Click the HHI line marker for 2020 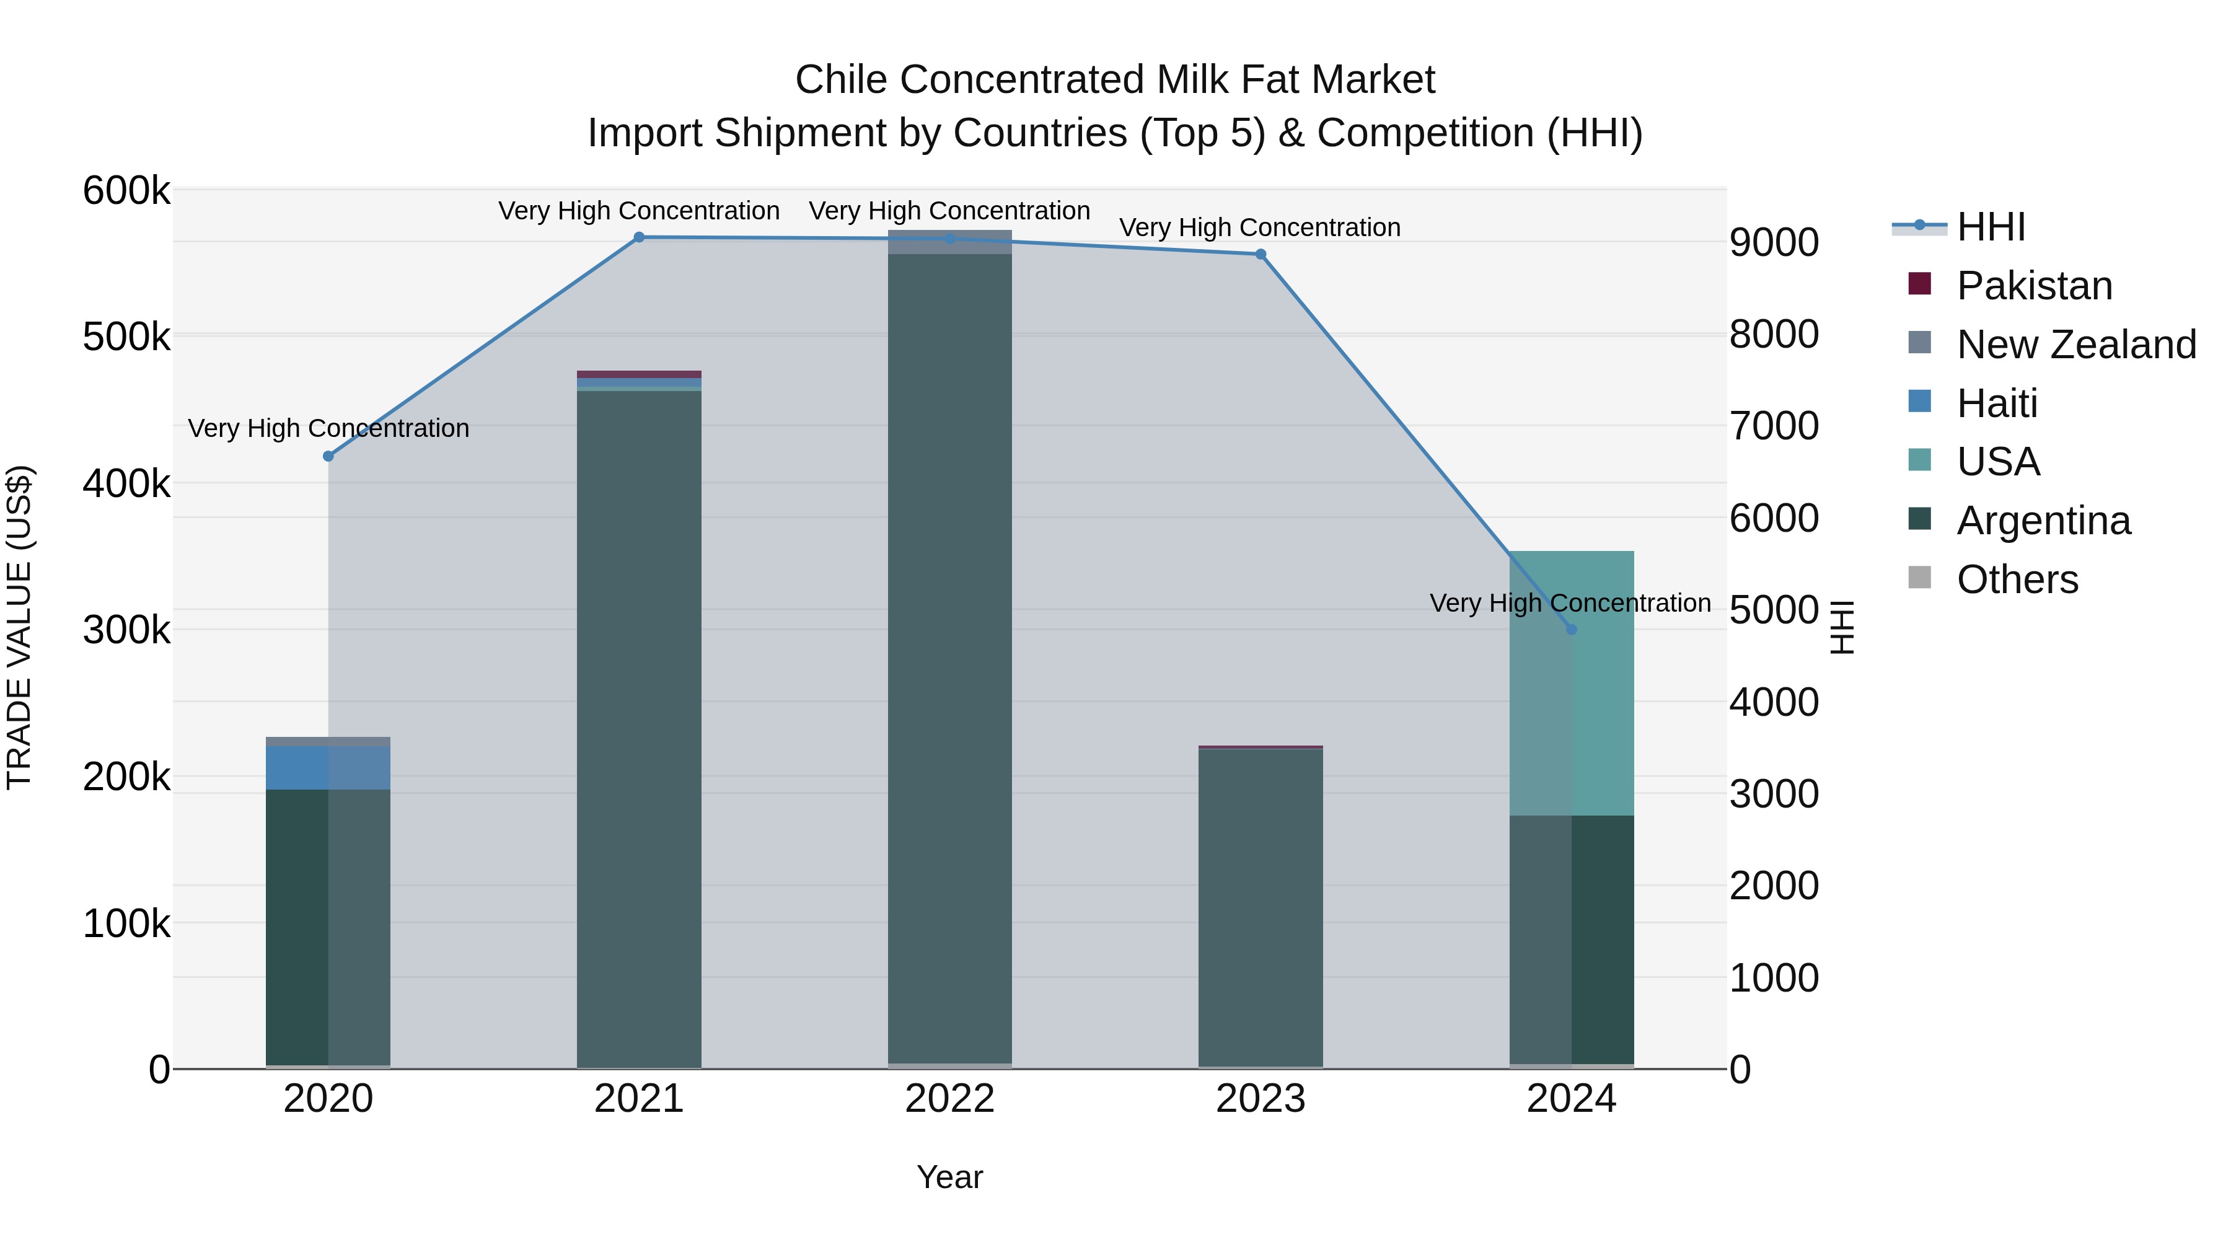click(328, 456)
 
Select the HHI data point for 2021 click(639, 237)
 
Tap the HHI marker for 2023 click(1260, 255)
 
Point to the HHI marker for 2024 click(1571, 630)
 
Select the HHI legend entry click(1990, 227)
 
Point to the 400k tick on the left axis click(126, 484)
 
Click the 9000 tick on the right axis click(1774, 242)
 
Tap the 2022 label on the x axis click(949, 1099)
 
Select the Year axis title click(949, 1177)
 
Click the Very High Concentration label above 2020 click(328, 429)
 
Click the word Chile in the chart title click(841, 80)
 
